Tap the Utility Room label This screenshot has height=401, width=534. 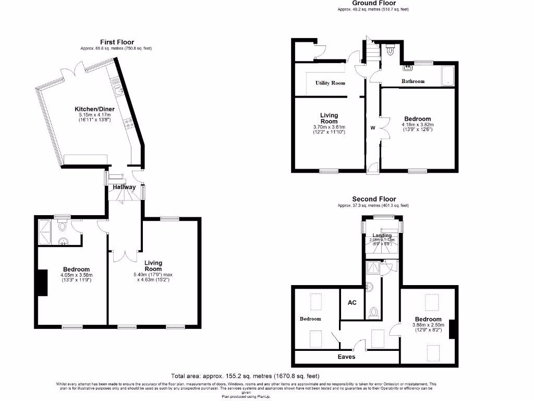[330, 83]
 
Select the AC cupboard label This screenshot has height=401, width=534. [352, 302]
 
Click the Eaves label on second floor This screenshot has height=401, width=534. [346, 357]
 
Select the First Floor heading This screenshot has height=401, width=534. [117, 42]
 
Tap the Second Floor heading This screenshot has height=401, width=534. [374, 199]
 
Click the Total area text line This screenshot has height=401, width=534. [245, 376]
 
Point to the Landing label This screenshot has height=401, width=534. [382, 235]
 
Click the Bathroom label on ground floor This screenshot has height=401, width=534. [412, 81]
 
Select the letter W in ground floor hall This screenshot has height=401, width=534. [372, 127]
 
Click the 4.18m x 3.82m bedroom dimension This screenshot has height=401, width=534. [417, 125]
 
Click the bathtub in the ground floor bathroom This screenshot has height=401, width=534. [447, 76]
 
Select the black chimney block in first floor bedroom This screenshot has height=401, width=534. [42, 282]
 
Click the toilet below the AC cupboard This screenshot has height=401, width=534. [373, 313]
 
